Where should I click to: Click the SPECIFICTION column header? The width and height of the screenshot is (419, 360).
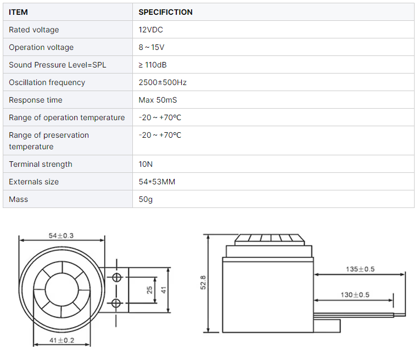tap(165, 12)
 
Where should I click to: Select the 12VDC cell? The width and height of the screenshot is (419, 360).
tap(150, 30)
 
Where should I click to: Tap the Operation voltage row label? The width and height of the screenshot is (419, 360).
tap(41, 47)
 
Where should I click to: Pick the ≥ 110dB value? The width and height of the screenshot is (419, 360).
tap(153, 65)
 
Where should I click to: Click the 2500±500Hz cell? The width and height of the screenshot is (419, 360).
tap(163, 82)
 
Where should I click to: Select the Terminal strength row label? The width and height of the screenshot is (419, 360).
tap(41, 164)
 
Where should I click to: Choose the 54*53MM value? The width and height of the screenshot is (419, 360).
tap(157, 182)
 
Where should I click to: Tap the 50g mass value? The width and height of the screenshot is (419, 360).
tap(146, 199)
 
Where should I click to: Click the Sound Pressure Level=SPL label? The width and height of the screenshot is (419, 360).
tap(58, 65)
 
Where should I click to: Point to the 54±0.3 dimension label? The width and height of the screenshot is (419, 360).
tap(61, 236)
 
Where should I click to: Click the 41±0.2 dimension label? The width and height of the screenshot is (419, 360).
tap(61, 341)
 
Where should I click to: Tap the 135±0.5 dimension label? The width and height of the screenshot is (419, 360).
tap(360, 269)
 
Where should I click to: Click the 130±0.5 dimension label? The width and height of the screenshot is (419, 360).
tap(355, 295)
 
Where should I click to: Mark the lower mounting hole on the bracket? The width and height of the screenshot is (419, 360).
tap(116, 303)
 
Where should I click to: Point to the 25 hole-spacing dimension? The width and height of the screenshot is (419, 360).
tap(150, 290)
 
